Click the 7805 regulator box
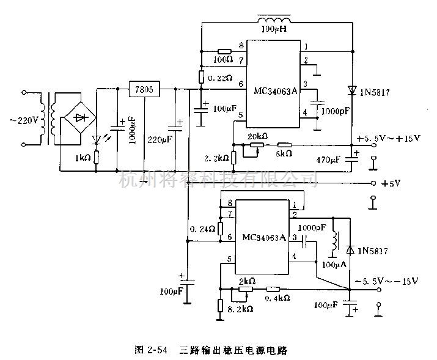(144, 90)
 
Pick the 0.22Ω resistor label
(220, 78)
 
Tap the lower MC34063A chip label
(263, 237)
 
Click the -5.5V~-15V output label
(386, 281)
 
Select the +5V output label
(391, 183)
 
